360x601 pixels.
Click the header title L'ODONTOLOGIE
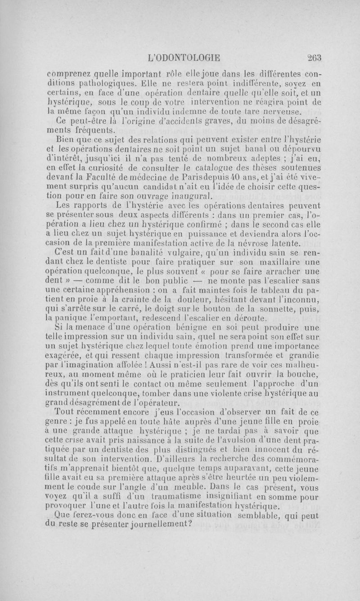187,57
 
